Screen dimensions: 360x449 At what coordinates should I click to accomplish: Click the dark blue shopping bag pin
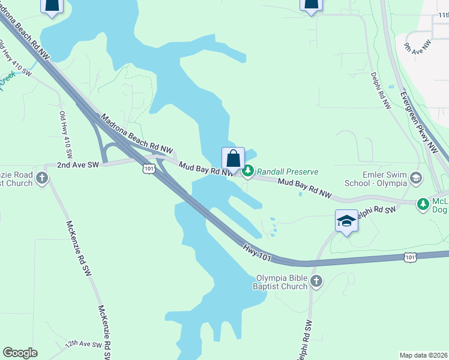click(x=234, y=159)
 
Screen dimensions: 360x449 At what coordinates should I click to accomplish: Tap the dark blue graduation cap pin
click(x=346, y=221)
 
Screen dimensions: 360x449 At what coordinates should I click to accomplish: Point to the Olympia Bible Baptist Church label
click(x=282, y=282)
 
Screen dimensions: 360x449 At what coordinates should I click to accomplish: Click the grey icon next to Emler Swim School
click(x=417, y=178)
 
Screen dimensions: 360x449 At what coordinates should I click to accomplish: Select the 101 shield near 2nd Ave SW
click(x=149, y=169)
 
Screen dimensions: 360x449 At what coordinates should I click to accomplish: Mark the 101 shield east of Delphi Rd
click(x=410, y=257)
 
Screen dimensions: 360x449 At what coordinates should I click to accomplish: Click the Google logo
click(x=20, y=353)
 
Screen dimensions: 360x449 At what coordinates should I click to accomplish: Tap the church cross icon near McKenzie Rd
click(x=41, y=177)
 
